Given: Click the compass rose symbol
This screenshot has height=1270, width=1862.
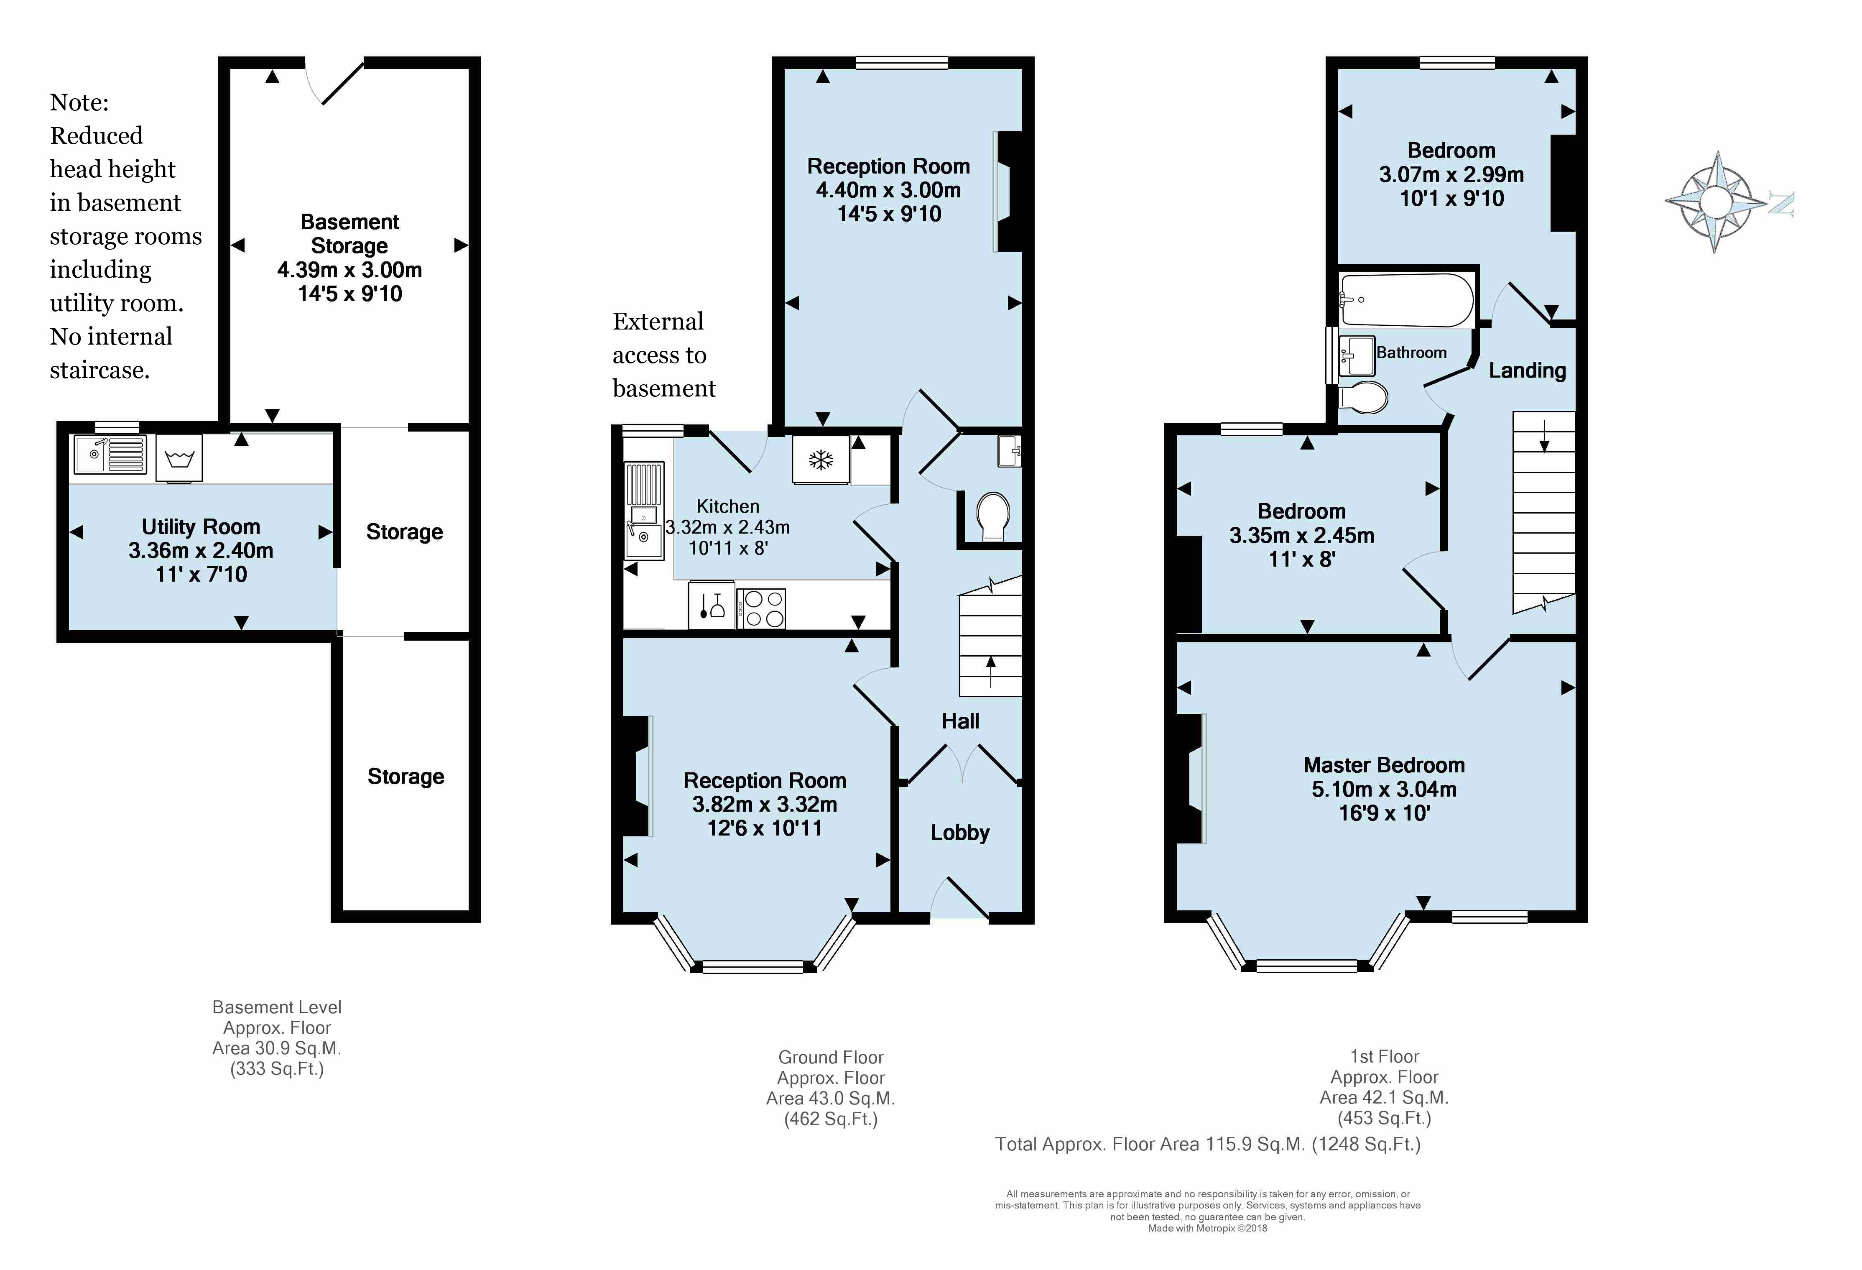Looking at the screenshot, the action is pos(1715,202).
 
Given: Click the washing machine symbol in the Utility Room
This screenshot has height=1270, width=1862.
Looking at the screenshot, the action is pos(179,458).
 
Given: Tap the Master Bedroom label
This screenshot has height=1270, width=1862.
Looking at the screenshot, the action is pos(1384,765).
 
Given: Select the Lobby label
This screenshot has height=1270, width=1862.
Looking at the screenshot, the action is pos(960,833).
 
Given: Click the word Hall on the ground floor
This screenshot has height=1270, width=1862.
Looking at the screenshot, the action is pos(960,721).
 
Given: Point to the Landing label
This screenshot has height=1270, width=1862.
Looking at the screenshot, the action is pos(1527,370).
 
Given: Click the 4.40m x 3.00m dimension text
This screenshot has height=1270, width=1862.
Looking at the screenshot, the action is pos(888,190).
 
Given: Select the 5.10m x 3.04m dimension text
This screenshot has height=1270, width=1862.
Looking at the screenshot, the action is pos(1384,789).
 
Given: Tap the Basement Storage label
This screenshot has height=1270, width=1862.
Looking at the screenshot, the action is pos(349,233).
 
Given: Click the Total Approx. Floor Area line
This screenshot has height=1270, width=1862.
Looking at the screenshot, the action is pos(1207,1144).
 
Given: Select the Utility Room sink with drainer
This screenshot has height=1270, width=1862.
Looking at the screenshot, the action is pos(110,454).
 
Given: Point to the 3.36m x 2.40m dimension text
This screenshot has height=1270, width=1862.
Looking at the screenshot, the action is pos(201,550).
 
